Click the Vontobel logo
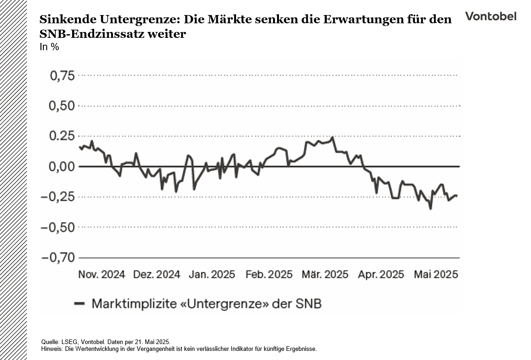(491, 16)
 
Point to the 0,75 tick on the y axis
(62, 76)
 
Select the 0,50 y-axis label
(62, 106)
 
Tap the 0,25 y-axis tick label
(62, 136)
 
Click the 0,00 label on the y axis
(62, 167)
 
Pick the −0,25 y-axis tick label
(58, 197)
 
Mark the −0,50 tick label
(58, 227)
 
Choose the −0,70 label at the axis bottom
(58, 258)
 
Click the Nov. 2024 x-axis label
(102, 275)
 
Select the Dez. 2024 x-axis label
(157, 275)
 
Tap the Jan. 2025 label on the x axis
(212, 275)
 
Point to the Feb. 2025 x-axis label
(269, 275)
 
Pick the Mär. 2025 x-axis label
(325, 275)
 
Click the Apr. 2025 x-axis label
(381, 275)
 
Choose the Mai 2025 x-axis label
(436, 275)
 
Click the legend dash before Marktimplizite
(79, 303)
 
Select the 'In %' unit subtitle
(49, 47)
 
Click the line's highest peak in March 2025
(332, 137)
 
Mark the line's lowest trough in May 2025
(430, 209)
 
